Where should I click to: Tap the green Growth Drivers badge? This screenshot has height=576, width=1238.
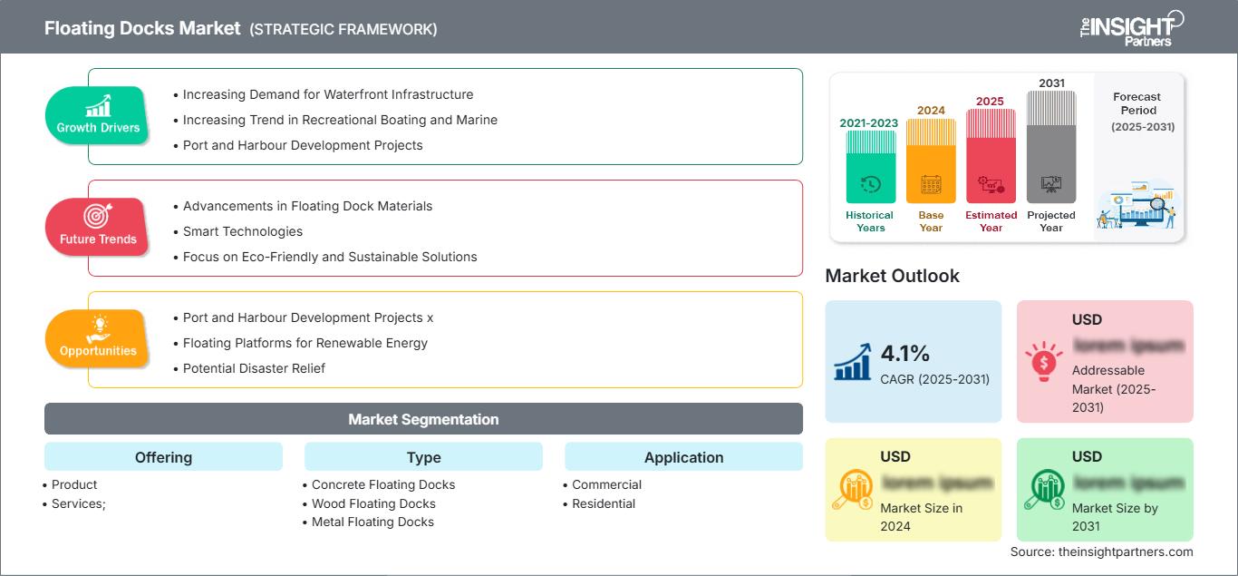pos(98,115)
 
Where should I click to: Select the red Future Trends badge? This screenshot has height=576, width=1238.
pos(98,227)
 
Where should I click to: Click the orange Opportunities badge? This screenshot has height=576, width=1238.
pos(98,338)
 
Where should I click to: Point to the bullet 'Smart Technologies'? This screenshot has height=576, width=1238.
pos(243,231)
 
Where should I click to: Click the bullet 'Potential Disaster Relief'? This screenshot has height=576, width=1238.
pos(254,368)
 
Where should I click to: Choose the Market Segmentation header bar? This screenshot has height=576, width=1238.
pos(423,419)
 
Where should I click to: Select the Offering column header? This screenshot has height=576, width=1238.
pos(163,457)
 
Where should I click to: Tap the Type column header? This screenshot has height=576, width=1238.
pos(423,457)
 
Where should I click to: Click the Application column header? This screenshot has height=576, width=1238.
pos(683,457)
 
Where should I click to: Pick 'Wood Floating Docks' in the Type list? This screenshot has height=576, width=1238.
pos(373,503)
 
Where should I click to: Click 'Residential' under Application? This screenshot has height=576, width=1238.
pos(604,503)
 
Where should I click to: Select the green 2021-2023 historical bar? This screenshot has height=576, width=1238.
pos(870,167)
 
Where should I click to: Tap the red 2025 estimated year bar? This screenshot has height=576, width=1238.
pos(991,155)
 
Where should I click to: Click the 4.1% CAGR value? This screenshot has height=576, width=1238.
pos(905,354)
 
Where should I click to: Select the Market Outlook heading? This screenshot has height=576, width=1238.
pos(892,276)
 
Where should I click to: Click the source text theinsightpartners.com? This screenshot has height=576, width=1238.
pos(1101,552)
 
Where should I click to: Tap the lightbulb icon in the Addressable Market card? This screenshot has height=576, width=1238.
pos(1042,360)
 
